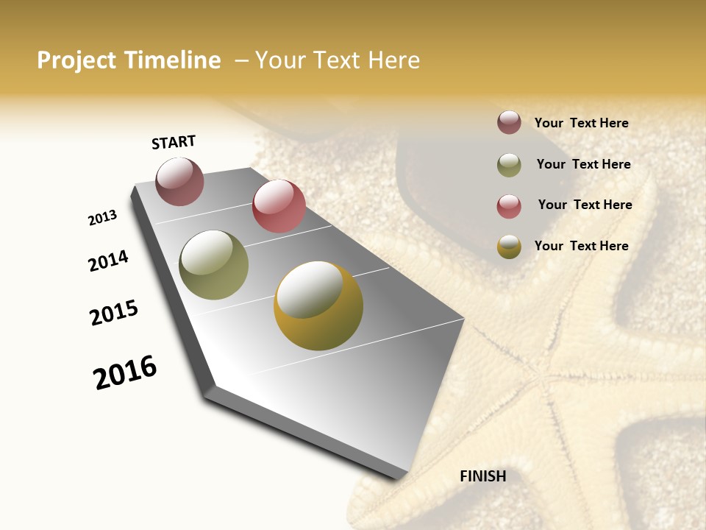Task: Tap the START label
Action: coord(174,142)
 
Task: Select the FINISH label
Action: coord(482,476)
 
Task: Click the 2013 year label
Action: coord(102,218)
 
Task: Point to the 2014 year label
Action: coord(108,261)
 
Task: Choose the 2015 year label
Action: coord(114,313)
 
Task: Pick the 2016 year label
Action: coord(125,372)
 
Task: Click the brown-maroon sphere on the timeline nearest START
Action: coord(179,181)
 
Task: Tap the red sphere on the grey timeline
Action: coord(279,206)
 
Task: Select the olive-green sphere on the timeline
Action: coord(213,265)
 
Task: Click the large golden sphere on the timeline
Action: coord(318,305)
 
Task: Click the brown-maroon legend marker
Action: coord(509,122)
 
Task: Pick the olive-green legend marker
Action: coord(509,165)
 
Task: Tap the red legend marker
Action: coord(509,206)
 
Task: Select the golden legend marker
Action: coord(509,247)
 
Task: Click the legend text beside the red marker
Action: coord(585,205)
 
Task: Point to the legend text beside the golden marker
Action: coord(581,246)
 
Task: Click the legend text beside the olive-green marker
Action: coord(583,164)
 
